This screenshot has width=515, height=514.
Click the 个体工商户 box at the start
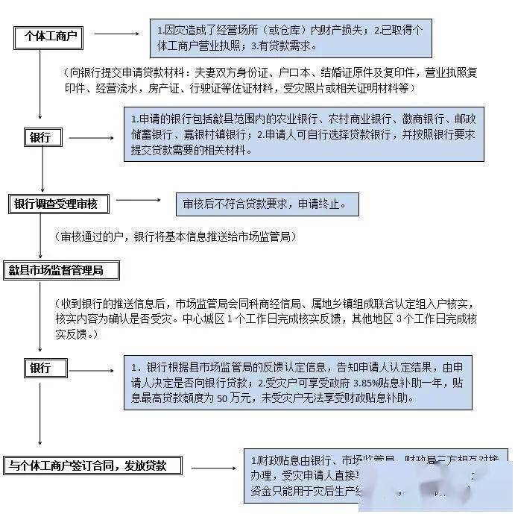(50, 35)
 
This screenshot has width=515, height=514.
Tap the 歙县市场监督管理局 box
(55, 269)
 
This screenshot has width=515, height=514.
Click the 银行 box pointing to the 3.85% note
(41, 369)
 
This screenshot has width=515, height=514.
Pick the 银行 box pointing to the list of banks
(41, 137)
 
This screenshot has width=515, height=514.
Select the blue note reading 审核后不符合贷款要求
(265, 204)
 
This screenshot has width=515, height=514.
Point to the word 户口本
(288, 73)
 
